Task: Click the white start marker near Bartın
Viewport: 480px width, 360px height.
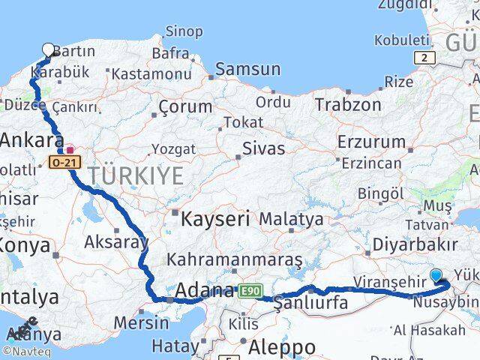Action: [49, 50]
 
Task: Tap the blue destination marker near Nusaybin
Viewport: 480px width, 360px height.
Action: [436, 275]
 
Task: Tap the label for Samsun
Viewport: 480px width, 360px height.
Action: [247, 70]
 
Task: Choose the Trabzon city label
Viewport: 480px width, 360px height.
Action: [348, 104]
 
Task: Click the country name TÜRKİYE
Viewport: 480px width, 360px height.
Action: [136, 176]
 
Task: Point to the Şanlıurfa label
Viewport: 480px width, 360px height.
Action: [310, 303]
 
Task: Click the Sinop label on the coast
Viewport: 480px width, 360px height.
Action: [183, 31]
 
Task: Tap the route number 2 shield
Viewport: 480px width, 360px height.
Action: [424, 57]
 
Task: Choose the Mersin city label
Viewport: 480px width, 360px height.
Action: [141, 323]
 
